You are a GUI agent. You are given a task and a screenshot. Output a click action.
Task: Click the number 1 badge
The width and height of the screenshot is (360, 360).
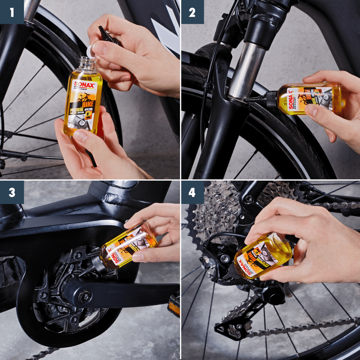coord(12,12)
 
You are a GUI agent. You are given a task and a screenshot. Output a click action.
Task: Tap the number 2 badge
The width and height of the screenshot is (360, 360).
coord(192,12)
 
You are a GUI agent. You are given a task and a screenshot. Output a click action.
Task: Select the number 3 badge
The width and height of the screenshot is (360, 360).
coord(12,192)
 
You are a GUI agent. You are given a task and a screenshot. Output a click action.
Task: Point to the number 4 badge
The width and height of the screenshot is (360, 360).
coord(192,192)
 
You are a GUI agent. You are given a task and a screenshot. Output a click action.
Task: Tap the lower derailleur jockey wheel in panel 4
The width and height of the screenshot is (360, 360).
coord(225,325)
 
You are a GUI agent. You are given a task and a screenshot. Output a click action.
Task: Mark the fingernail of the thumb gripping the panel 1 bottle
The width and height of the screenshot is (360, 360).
coord(81,135)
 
